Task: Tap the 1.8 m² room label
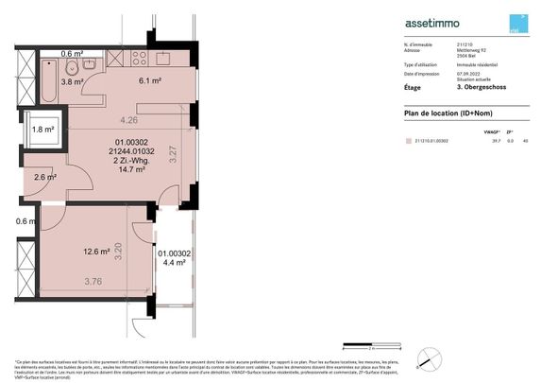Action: click(x=43, y=130)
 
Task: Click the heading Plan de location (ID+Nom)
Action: click(x=441, y=113)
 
